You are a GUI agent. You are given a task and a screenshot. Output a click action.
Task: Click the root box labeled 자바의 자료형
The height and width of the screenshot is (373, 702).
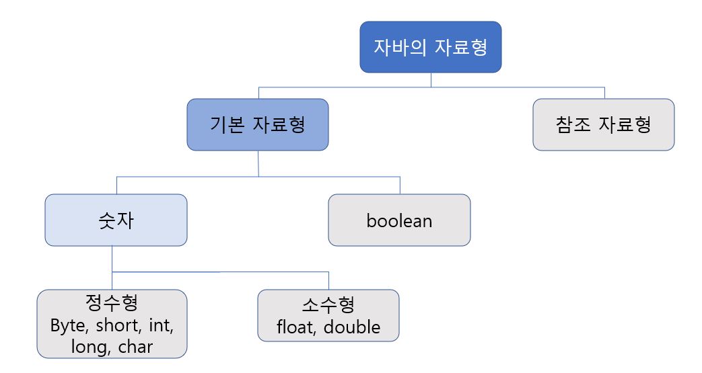click(x=431, y=47)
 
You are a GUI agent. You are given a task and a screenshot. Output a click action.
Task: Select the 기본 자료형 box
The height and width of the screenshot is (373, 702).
click(x=258, y=124)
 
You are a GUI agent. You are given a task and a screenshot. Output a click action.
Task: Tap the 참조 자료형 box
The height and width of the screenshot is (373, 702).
click(x=603, y=124)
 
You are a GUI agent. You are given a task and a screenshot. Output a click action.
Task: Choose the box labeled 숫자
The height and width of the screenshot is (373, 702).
click(x=116, y=220)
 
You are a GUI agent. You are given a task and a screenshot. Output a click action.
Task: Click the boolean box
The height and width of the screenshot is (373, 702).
click(x=399, y=220)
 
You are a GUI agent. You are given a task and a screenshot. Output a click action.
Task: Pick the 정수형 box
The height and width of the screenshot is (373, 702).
click(x=112, y=323)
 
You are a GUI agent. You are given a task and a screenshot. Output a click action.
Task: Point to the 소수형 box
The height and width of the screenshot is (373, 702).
click(x=328, y=315)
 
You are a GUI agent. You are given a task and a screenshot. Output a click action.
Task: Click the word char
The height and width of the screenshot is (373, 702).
click(x=135, y=347)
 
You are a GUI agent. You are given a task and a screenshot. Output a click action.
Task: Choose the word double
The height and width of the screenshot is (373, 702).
click(x=354, y=327)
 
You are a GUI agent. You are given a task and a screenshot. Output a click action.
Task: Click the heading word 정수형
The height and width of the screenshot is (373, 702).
click(x=112, y=303)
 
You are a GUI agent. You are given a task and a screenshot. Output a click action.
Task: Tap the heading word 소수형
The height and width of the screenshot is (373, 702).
click(x=328, y=305)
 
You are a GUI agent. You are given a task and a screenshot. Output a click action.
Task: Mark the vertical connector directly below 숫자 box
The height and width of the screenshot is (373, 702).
click(x=112, y=259)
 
